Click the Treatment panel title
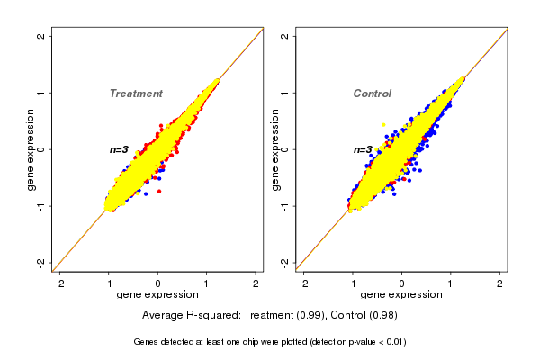136,94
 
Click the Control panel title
372,94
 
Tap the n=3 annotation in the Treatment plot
120,149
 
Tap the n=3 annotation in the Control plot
363,149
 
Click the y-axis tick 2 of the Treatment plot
41,37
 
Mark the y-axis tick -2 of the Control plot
284,262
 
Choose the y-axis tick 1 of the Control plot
284,93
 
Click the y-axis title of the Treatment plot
31,149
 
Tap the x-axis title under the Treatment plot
158,295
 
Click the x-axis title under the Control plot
401,295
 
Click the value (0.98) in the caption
383,315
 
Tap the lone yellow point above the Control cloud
383,124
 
